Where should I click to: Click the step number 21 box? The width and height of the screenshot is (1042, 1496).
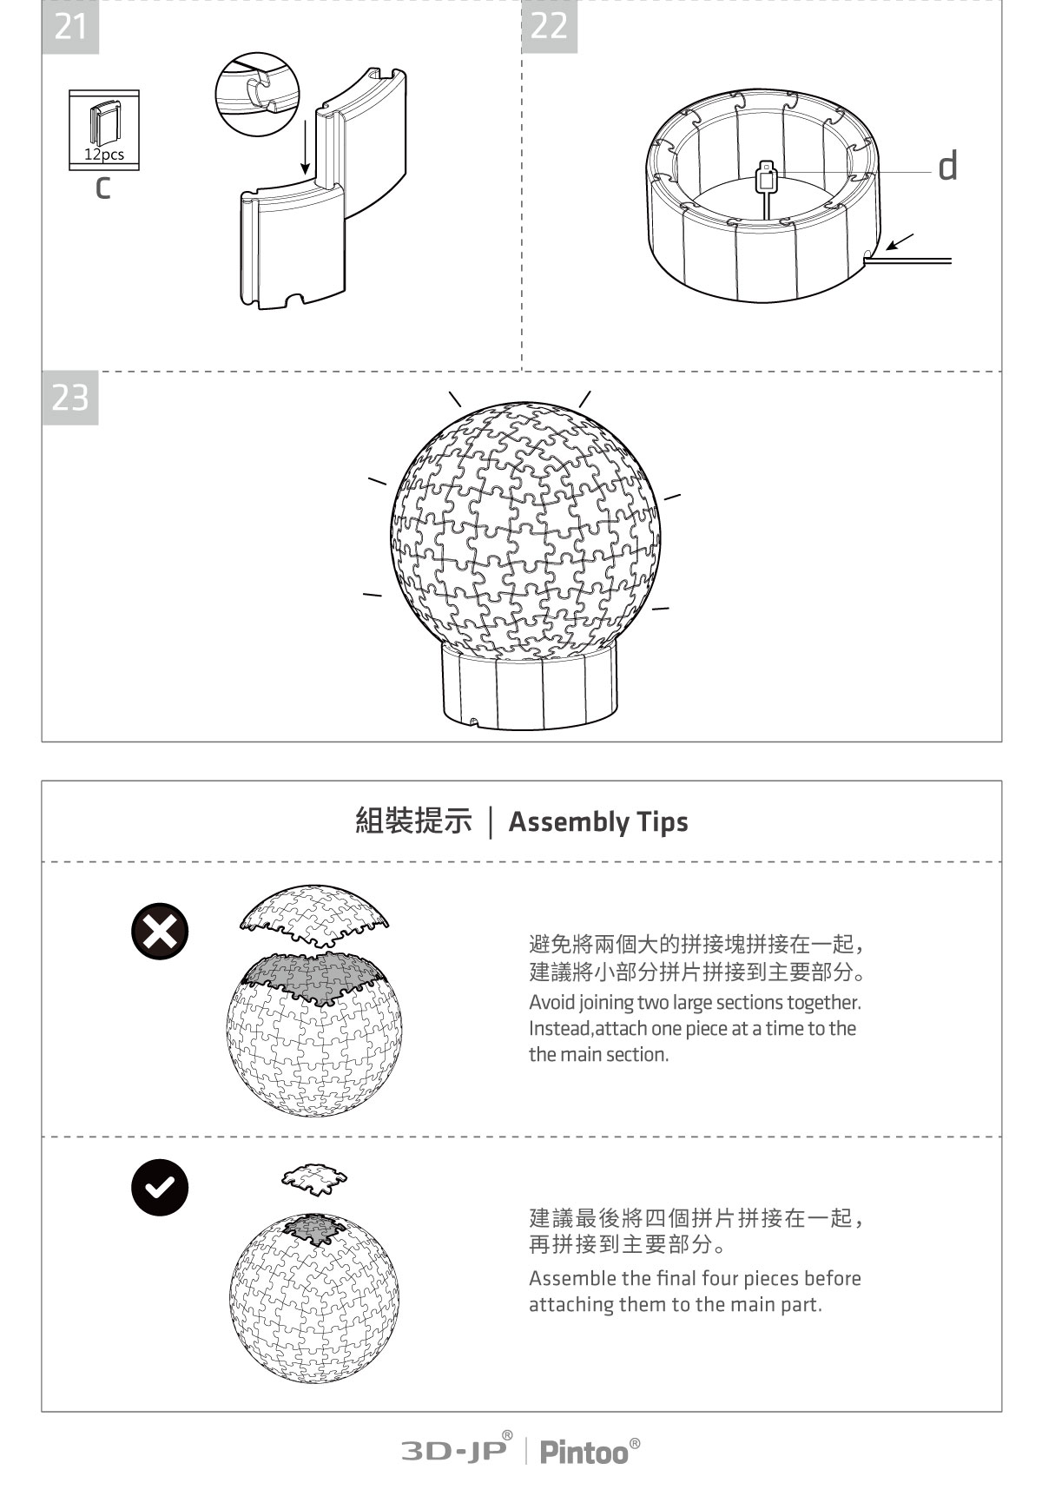(70, 27)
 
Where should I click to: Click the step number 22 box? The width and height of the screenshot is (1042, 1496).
(549, 26)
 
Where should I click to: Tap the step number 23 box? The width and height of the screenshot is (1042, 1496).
(70, 398)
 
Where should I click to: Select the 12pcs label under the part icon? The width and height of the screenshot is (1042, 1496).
(104, 155)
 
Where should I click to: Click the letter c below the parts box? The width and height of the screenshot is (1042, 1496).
(102, 186)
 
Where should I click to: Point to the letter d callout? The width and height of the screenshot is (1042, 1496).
(947, 165)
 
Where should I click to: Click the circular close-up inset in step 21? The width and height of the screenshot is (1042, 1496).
(257, 92)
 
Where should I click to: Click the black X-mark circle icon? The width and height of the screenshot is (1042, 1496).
(160, 931)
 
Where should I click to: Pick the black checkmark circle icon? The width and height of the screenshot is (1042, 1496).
(160, 1187)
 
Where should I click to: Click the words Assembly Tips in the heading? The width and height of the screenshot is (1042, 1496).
(597, 821)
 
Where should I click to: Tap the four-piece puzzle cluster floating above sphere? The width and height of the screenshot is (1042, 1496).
(314, 1178)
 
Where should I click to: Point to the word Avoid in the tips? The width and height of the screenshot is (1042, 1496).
(551, 1002)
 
